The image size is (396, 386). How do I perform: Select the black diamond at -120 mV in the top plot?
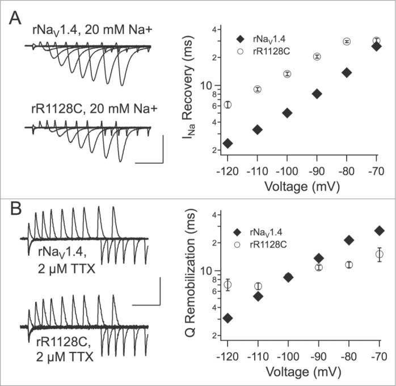(x=228, y=143)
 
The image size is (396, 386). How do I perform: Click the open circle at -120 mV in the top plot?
(x=228, y=105)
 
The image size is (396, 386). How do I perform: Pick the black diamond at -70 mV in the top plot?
(x=377, y=46)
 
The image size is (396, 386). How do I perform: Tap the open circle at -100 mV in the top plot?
(x=287, y=74)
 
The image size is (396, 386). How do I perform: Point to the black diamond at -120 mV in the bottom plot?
(x=228, y=318)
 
